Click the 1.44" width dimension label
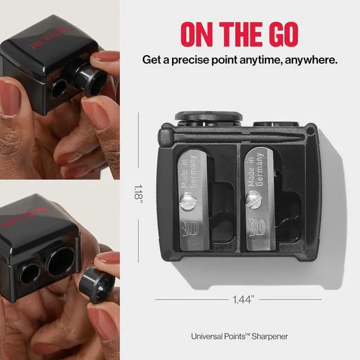244,299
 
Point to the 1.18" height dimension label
138,193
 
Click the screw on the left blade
188,201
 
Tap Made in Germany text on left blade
188,172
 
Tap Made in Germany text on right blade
255,169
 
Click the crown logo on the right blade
257,227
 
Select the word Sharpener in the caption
270,336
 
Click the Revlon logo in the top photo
49,38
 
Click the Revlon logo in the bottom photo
25,217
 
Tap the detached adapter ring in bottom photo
96,284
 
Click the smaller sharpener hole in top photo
58,89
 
